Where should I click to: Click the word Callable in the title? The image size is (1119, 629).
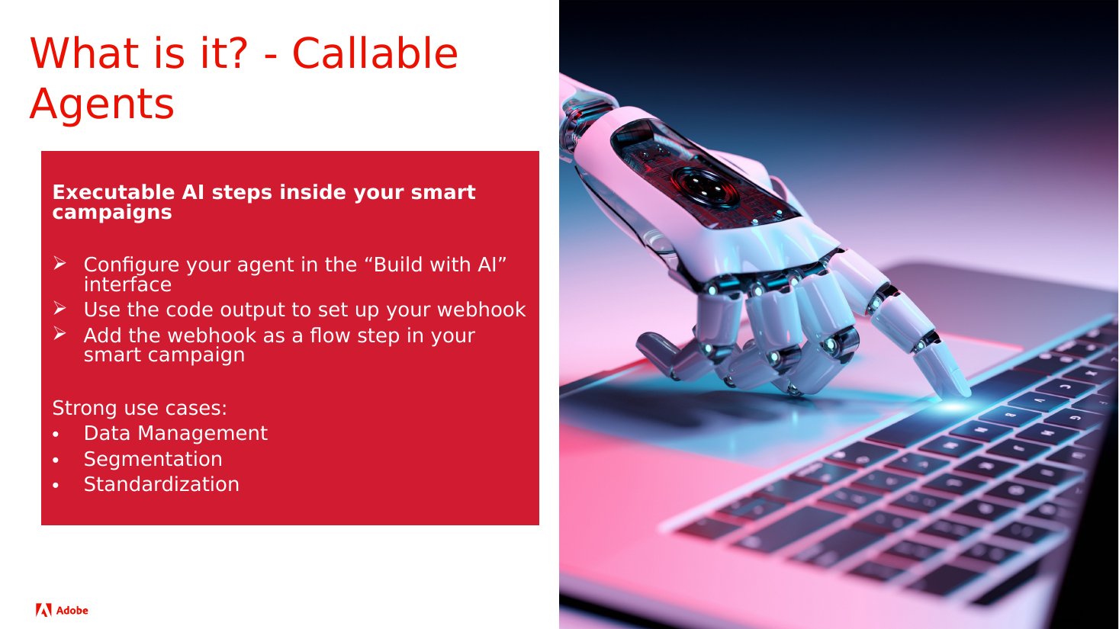(375, 53)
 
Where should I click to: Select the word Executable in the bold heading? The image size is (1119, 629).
(114, 192)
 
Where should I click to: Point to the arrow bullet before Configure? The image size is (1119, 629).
(59, 263)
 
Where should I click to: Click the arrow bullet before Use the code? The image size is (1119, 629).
(59, 308)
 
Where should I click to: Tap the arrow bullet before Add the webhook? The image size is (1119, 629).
(59, 333)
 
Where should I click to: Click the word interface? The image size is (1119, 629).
(127, 284)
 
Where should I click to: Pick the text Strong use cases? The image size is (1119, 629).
(140, 408)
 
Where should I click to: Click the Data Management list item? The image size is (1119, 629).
(175, 433)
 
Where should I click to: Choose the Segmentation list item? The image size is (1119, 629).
(153, 459)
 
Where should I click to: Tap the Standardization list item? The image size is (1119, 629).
(162, 484)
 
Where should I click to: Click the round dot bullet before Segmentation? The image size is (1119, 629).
(56, 461)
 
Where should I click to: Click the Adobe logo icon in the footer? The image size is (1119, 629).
(43, 610)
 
